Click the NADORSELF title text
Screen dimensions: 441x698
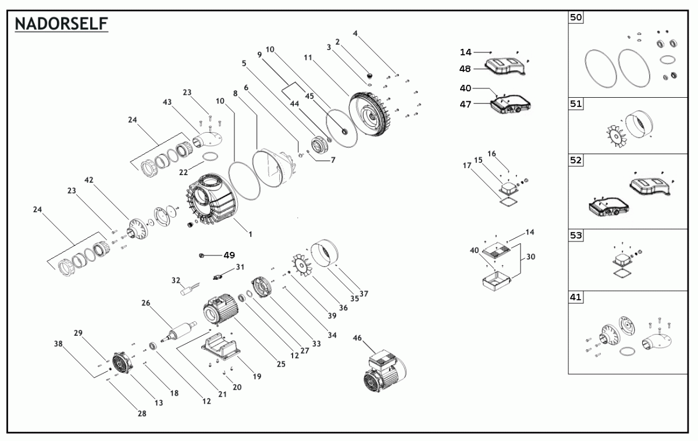pos(60,24)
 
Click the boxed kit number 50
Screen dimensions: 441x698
pos(575,18)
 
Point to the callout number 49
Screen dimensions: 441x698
pos(229,255)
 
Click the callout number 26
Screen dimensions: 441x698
pos(146,303)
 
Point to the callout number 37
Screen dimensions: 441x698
pos(364,293)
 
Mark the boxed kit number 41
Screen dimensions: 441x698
pos(575,297)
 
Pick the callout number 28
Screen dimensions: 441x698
pos(142,413)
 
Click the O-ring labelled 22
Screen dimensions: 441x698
pos(211,157)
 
